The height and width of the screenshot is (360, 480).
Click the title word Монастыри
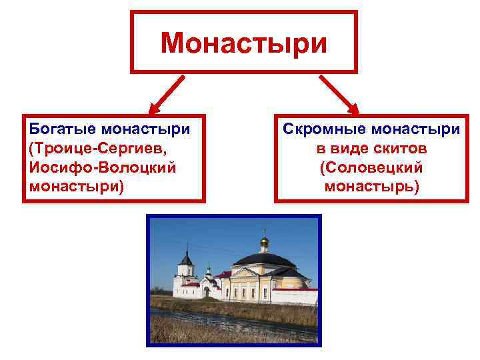[x=243, y=43]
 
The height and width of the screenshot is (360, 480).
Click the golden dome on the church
[x=264, y=241]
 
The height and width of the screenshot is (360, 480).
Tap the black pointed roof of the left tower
[x=187, y=258]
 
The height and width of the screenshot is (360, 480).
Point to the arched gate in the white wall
[x=206, y=291]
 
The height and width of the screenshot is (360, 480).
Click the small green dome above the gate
[x=208, y=271]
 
